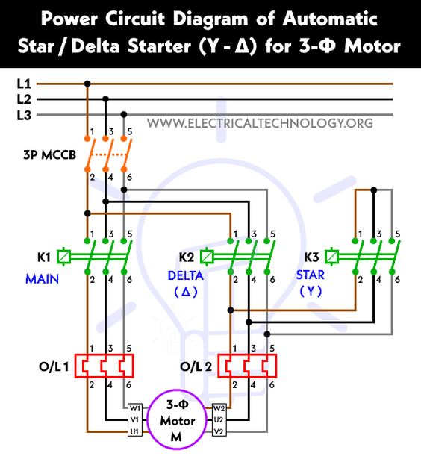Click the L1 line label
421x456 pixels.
click(x=24, y=84)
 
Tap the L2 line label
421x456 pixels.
click(x=24, y=99)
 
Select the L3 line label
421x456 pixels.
click(x=24, y=115)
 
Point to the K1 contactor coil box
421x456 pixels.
click(x=63, y=257)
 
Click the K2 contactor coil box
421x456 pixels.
click(x=207, y=257)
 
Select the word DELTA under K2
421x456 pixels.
click(x=185, y=275)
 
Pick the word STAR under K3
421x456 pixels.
click(x=310, y=275)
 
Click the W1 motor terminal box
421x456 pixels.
click(x=135, y=408)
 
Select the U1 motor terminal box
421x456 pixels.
click(x=135, y=431)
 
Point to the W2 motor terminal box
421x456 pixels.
click(x=219, y=408)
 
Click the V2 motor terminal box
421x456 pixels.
click(x=219, y=431)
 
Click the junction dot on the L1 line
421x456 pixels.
click(x=88, y=84)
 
